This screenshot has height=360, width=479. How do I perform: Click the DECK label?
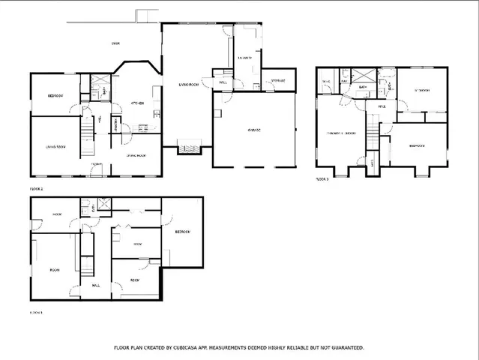pyautogui.click(x=116, y=43)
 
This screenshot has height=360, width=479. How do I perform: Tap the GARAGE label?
pyautogui.click(x=255, y=130)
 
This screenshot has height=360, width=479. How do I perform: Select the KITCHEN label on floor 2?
pyautogui.click(x=137, y=103)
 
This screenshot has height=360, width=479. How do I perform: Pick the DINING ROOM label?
pyautogui.click(x=136, y=155)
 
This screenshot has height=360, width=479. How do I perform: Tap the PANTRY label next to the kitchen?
pyautogui.click(x=117, y=124)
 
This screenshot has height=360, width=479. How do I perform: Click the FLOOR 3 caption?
pyautogui.click(x=323, y=180)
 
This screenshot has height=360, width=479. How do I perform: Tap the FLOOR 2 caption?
pyautogui.click(x=36, y=189)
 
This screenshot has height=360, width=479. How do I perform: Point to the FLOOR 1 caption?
pyautogui.click(x=36, y=312)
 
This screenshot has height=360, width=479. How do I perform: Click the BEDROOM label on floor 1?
pyautogui.click(x=182, y=232)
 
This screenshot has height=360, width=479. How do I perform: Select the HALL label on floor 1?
pyautogui.click(x=96, y=285)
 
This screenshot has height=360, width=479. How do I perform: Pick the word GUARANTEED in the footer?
pyautogui.click(x=343, y=348)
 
